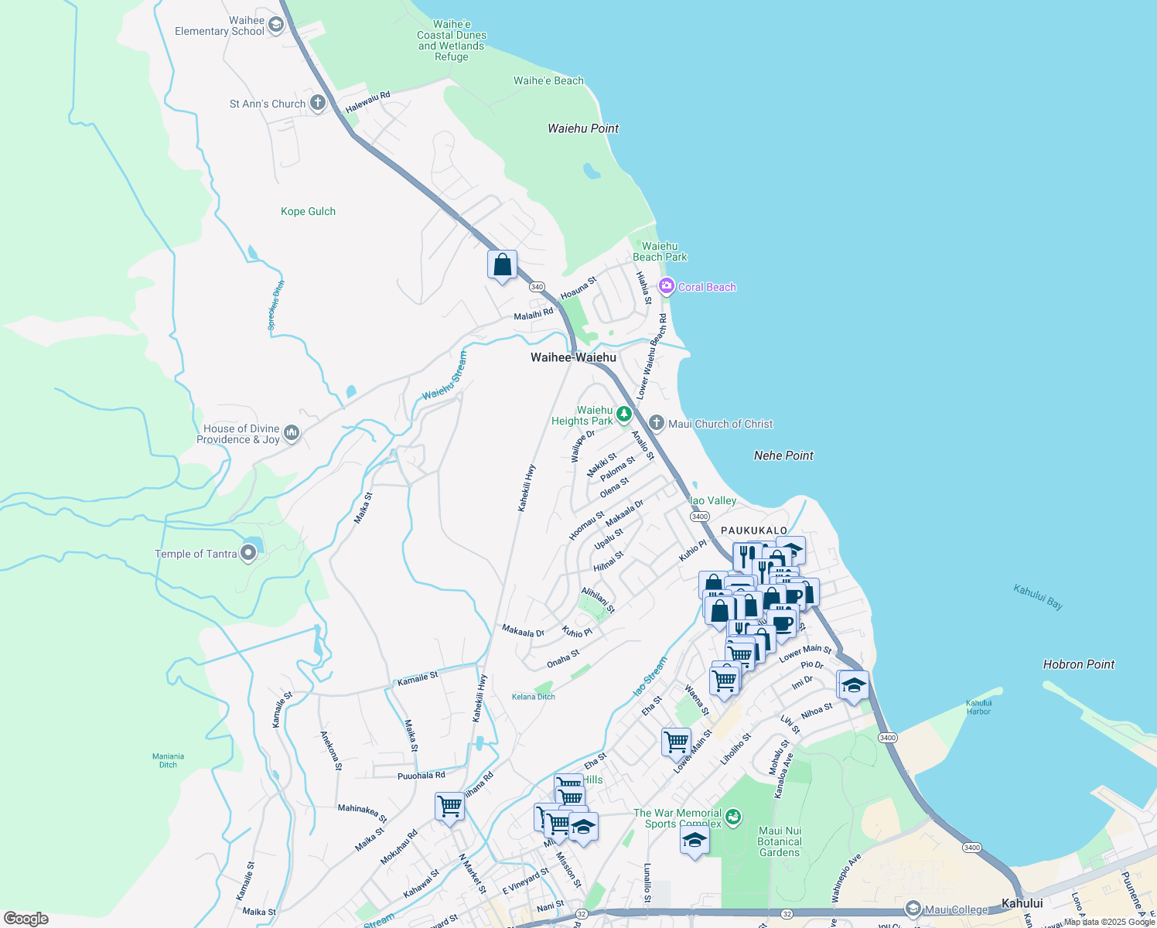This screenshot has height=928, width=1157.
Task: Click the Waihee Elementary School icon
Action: [276, 25]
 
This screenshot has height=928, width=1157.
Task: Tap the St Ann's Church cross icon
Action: [318, 103]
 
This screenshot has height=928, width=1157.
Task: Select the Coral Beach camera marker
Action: [666, 287]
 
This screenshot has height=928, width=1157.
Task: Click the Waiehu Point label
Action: [583, 128]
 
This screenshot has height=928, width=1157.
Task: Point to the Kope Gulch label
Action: [308, 211]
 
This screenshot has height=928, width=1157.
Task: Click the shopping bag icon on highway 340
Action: [502, 265]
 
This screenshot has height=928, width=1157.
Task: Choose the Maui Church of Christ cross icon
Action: [656, 423]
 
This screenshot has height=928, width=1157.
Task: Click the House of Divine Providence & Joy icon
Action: [292, 433]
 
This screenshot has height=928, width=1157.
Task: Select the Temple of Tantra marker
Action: [248, 553]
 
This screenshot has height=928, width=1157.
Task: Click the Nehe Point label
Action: [783, 455]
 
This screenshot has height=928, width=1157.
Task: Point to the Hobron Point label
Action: [1078, 664]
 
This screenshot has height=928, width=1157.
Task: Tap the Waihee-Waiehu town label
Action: [573, 357]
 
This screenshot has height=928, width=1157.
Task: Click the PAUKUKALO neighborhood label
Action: [753, 531]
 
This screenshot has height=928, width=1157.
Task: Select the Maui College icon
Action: [913, 909]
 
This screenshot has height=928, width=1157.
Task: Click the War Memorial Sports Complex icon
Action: [733, 816]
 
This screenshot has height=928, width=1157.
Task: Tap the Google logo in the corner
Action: [26, 918]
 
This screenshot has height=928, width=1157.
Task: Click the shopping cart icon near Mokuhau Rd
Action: [449, 807]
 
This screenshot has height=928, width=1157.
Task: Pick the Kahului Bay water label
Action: [1038, 597]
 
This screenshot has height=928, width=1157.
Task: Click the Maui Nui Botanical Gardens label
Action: [780, 841]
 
